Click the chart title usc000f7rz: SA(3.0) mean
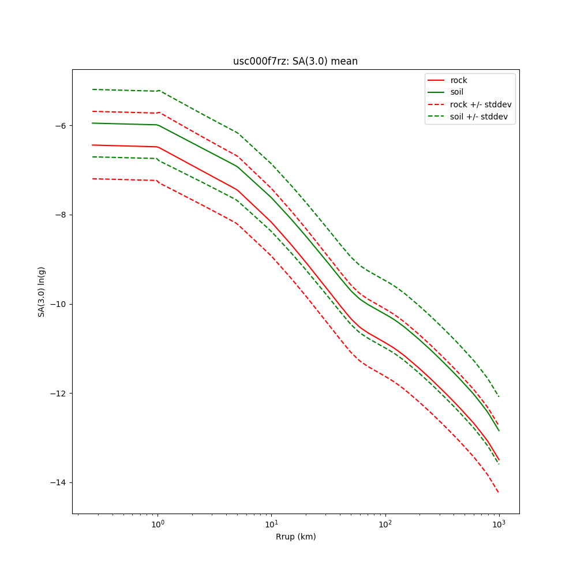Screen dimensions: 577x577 click(295, 61)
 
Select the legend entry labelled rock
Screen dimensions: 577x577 click(459, 80)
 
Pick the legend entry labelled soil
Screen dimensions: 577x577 click(457, 92)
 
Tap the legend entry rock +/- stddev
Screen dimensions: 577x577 click(481, 104)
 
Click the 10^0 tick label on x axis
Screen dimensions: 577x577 click(158, 524)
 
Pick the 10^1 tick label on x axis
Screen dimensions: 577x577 click(271, 524)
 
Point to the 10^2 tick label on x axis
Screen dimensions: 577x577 click(385, 524)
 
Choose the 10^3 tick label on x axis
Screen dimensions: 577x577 click(499, 524)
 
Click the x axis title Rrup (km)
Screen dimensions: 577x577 click(295, 537)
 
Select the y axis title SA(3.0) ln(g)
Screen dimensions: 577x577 click(42, 291)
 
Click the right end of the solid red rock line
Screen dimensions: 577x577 click(499, 460)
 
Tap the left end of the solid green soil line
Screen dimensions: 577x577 click(92, 123)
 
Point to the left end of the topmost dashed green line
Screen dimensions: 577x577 click(92, 89)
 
